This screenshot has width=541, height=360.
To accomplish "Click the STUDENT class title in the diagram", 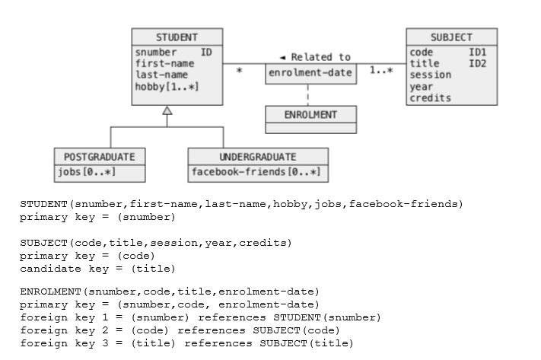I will (177, 37).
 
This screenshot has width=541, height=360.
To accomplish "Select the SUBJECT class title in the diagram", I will (451, 37).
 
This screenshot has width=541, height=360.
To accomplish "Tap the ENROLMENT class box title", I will (310, 114).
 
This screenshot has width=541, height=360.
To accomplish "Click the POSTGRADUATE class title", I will (99, 156).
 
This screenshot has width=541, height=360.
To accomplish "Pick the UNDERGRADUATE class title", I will (258, 156).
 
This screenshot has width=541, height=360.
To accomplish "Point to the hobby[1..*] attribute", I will (167, 87).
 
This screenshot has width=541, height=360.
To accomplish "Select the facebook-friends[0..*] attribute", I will (256, 172).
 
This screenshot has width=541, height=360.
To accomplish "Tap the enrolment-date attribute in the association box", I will (310, 74).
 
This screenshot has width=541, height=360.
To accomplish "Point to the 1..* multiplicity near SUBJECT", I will (381, 71).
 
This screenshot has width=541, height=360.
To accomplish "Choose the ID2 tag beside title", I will (477, 64).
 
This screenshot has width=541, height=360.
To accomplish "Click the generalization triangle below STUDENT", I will (167, 111).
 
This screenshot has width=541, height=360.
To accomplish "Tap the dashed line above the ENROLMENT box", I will (308, 94).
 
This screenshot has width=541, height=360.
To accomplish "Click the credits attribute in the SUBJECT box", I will (430, 98).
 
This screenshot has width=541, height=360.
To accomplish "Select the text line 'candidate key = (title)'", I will (97, 269).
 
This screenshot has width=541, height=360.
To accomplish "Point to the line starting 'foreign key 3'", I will (186, 343).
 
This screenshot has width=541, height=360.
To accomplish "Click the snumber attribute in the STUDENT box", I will (156, 53).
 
